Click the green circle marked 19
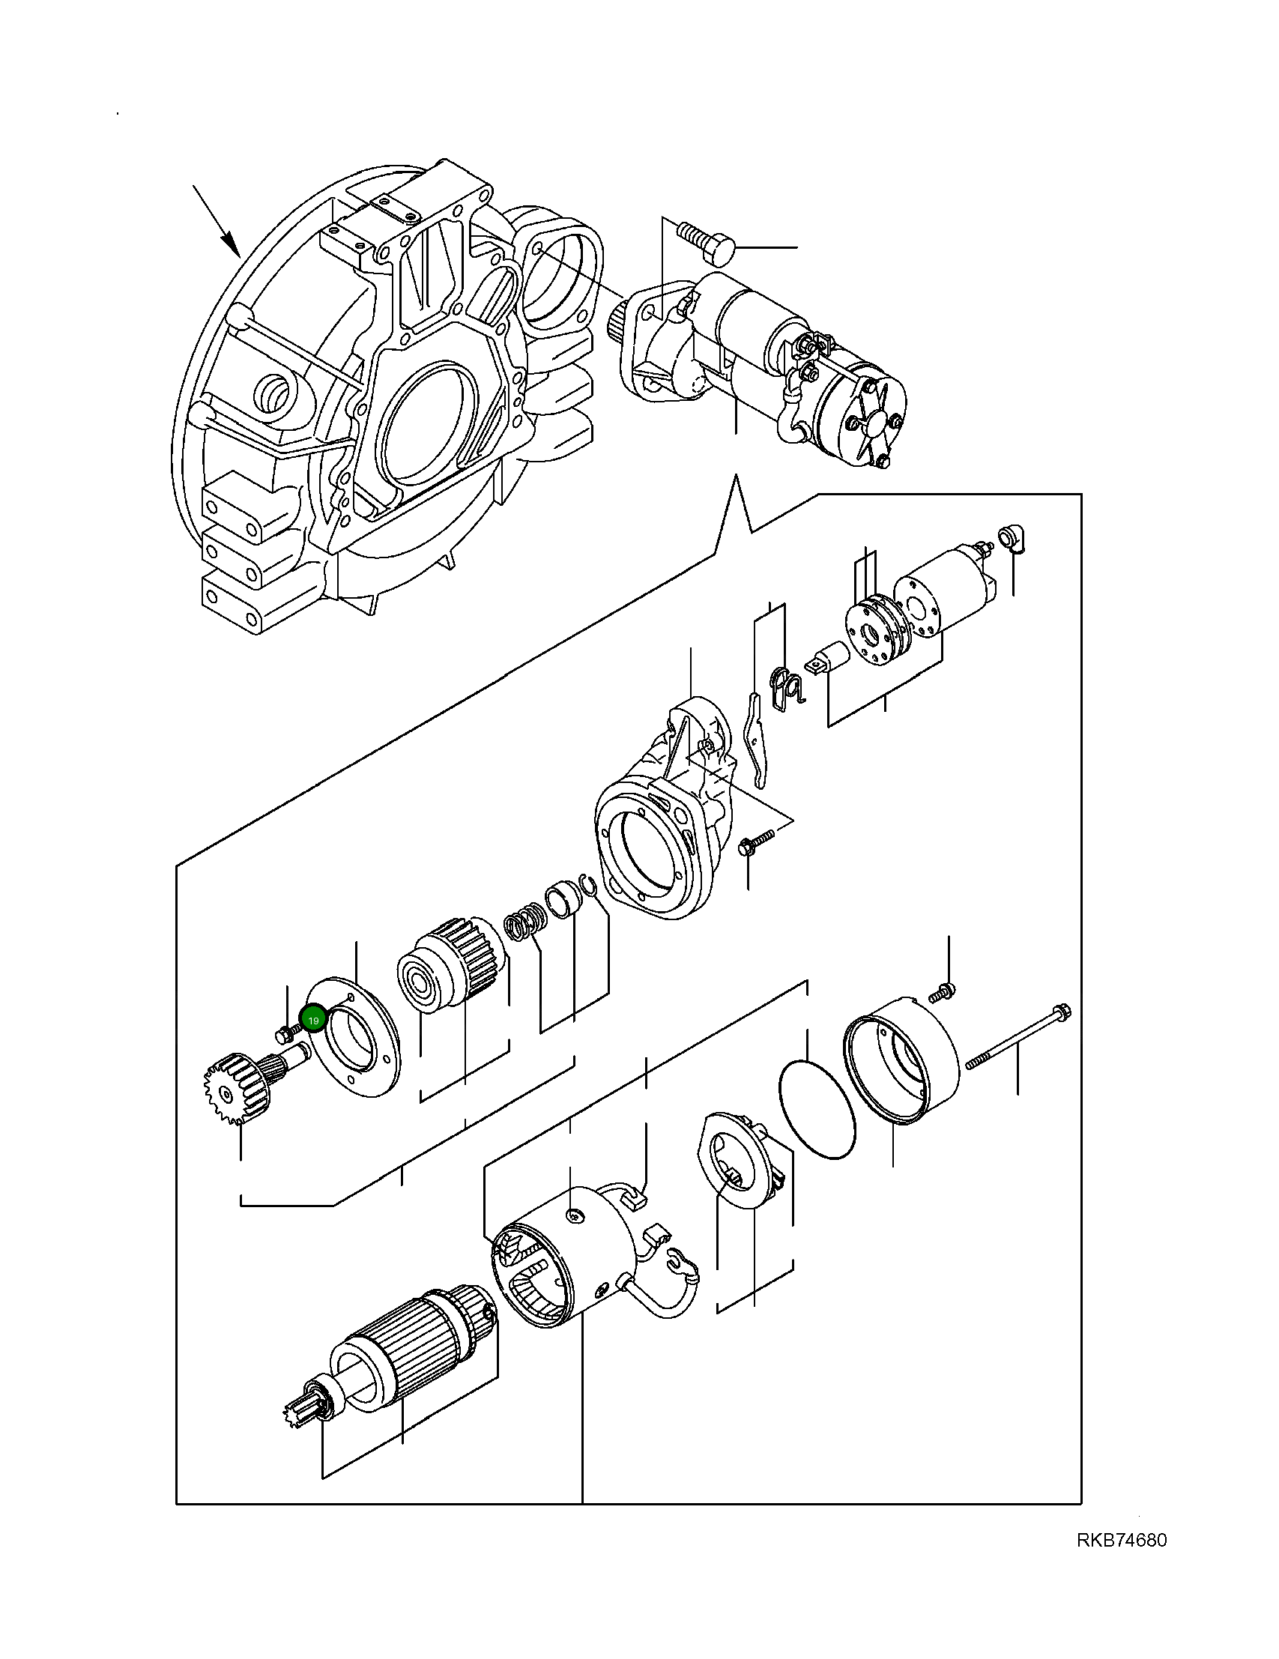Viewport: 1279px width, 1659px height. coord(314,1020)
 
